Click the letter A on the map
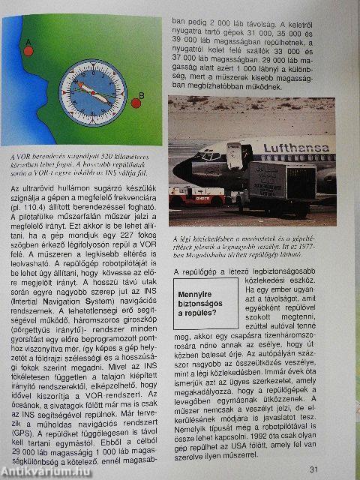(x=28, y=40)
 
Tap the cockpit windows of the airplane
(x=200, y=157)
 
